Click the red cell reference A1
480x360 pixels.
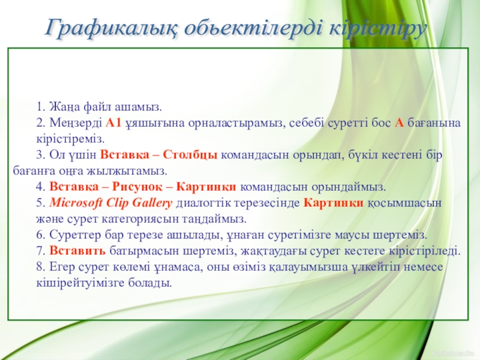113,123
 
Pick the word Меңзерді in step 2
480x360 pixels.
76,124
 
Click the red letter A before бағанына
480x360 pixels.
399,123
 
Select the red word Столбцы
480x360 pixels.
190,155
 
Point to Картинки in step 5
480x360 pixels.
334,203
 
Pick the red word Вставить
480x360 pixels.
77,251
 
